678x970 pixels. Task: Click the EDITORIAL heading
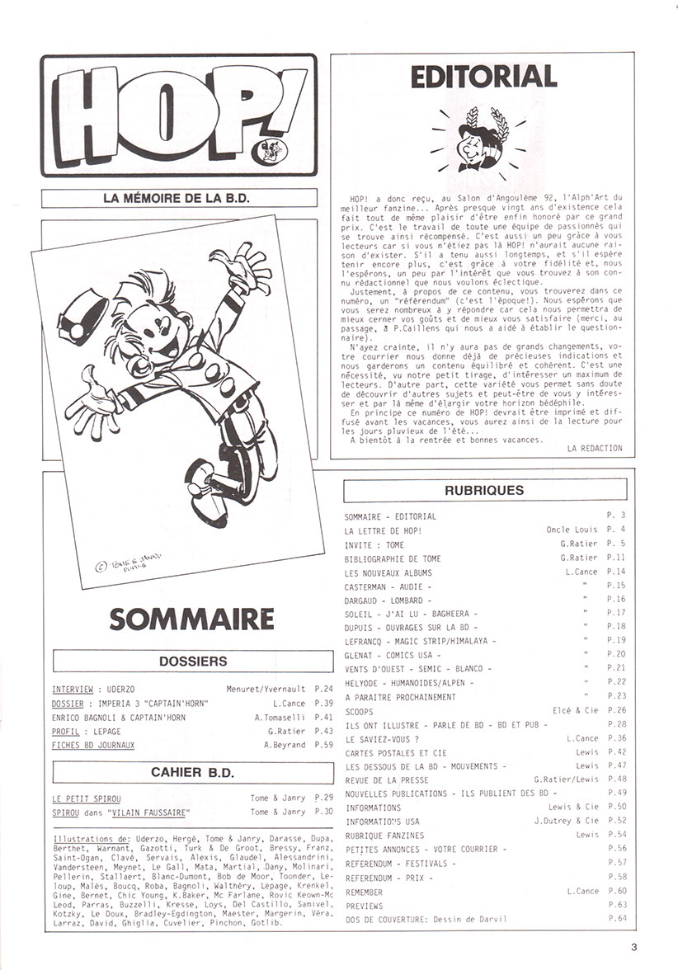[483, 77]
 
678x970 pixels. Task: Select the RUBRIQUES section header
[483, 490]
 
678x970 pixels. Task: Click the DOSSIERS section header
[192, 661]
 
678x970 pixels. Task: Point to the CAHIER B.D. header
[192, 772]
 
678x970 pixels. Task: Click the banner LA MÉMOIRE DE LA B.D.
[179, 198]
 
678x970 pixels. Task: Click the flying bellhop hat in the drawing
[82, 318]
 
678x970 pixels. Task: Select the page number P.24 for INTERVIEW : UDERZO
[323, 689]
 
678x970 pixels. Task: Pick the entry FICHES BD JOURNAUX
[93, 745]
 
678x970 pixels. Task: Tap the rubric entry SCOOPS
[359, 711]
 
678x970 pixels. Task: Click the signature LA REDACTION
[595, 448]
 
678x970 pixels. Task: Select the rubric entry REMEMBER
[364, 892]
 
